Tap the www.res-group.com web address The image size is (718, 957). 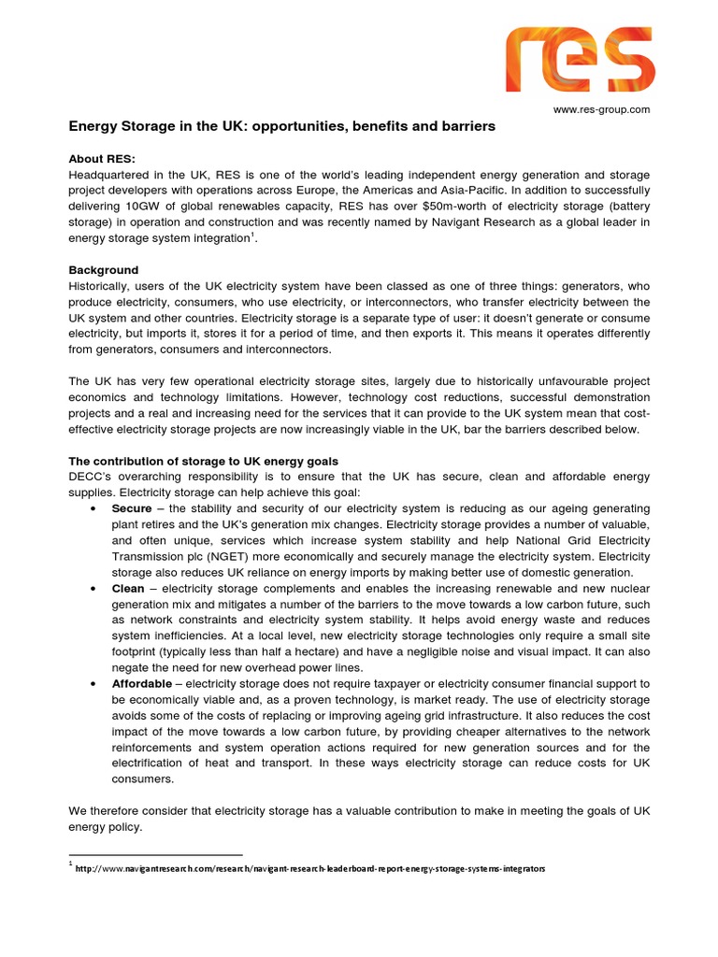pos(601,109)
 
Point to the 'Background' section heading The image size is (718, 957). pos(104,270)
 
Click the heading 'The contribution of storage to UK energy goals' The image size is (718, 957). pos(204,462)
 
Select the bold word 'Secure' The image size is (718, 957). pos(131,508)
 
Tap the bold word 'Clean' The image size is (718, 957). pos(128,589)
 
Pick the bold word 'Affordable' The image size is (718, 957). pos(142,684)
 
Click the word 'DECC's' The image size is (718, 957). pos(91,477)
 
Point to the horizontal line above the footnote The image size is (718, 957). pos(156,854)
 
